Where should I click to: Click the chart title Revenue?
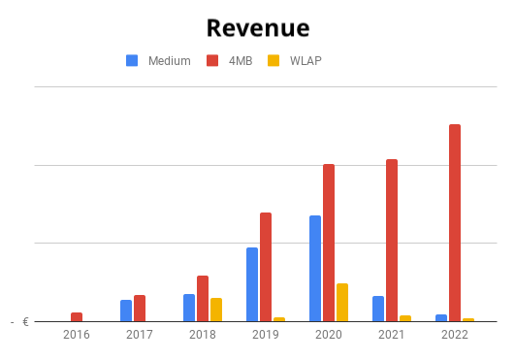point(258,28)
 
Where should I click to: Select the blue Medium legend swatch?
point(132,60)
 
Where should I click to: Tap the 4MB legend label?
point(241,61)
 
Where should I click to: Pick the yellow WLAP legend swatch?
point(274,60)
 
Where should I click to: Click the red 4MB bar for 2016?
point(77,317)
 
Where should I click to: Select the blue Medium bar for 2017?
point(126,311)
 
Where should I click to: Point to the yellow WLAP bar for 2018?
point(216,310)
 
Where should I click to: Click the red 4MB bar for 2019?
point(266,267)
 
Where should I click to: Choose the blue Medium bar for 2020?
point(315,269)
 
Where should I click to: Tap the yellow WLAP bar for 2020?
point(342,303)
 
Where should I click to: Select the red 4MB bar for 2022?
point(455,223)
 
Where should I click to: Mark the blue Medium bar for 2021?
point(378,309)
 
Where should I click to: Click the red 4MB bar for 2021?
point(392,241)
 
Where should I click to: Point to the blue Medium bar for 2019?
point(252,284)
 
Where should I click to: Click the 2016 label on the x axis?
point(77,335)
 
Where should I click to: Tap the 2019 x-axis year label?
point(266,335)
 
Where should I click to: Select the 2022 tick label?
point(455,335)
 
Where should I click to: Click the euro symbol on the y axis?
point(25,322)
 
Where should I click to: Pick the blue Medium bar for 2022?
point(441,318)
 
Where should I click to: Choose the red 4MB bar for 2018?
point(203,299)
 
